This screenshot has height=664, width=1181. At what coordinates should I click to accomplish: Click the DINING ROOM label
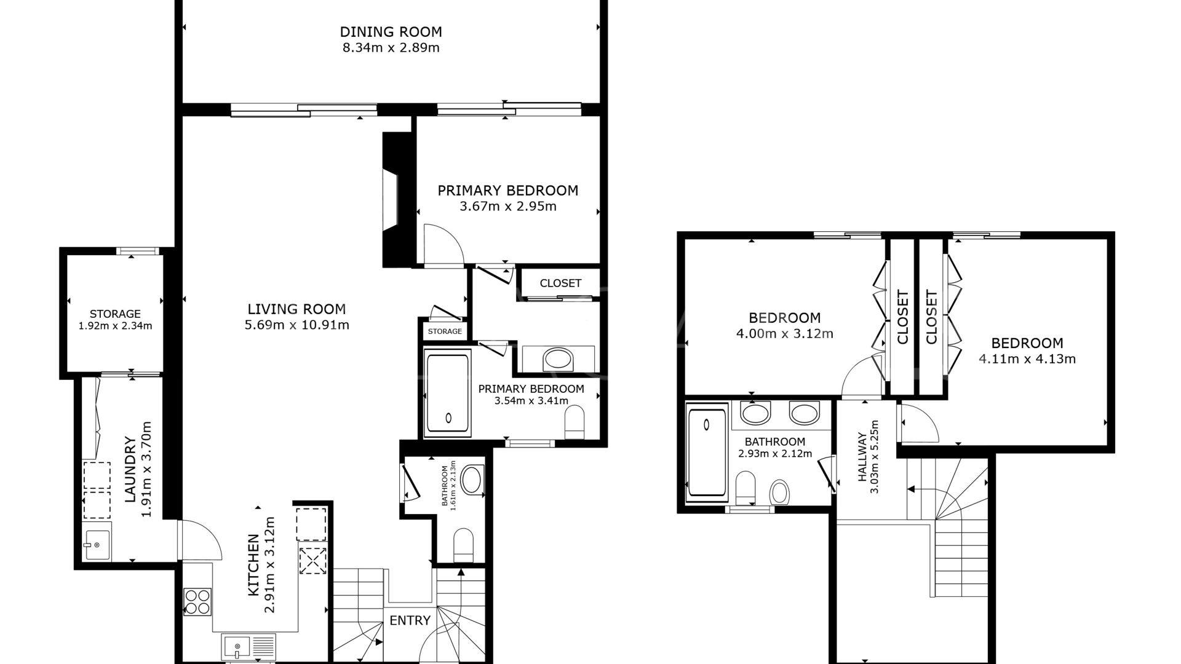pos(391,31)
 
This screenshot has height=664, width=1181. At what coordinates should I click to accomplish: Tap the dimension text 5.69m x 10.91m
pos(296,325)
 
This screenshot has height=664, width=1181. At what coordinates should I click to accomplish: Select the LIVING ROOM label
pos(296,309)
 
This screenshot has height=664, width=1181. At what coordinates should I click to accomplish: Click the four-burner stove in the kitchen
pos(197,601)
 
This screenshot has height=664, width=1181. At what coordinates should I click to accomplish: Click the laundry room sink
pos(97,545)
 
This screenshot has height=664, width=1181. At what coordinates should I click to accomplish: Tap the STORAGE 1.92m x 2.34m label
pos(115,320)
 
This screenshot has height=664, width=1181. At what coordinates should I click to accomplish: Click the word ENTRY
pos(410,620)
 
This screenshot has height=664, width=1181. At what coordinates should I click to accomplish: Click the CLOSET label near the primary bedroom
pos(560,283)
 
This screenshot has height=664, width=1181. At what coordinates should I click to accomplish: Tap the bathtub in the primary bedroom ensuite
pos(448,393)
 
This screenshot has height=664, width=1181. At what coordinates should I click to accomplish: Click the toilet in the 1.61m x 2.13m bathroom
pos(463,545)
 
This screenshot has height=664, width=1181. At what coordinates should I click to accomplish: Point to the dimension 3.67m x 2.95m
pos(507,207)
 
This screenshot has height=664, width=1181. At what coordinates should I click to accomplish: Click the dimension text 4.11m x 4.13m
pos(1027,359)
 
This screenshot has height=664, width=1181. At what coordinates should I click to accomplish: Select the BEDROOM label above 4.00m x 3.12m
pos(784,318)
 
